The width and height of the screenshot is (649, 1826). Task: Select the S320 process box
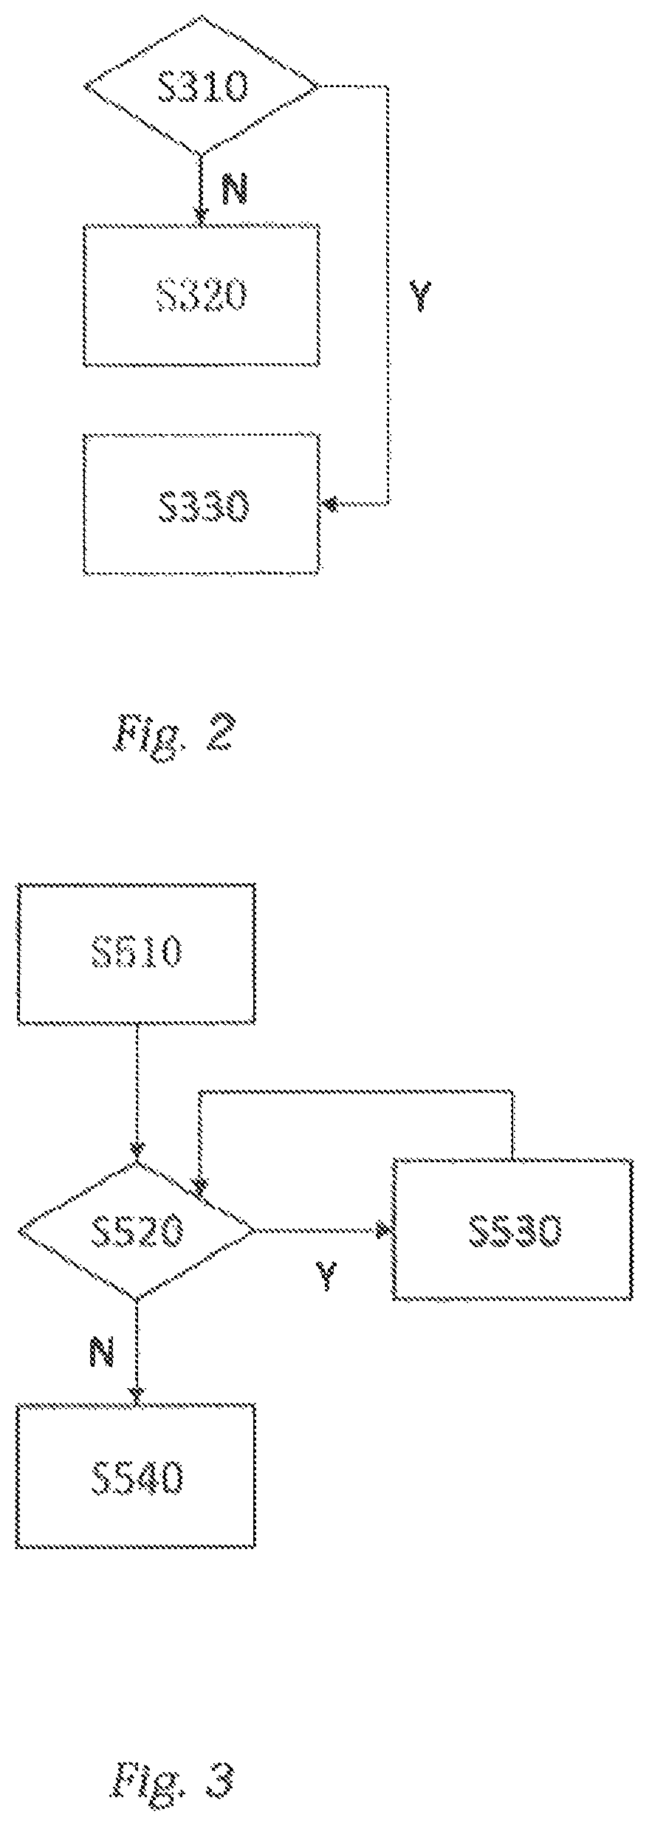(201, 295)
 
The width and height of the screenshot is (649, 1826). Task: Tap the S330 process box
(201, 505)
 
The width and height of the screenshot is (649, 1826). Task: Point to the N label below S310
(234, 189)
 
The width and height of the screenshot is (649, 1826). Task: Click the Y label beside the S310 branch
(420, 295)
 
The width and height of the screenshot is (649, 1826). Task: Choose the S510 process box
(137, 953)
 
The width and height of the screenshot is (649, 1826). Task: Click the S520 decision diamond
(137, 1231)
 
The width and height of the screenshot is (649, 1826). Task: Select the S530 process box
(512, 1230)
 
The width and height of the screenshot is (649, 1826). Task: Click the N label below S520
(102, 1351)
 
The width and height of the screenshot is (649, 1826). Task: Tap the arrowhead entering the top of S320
(200, 215)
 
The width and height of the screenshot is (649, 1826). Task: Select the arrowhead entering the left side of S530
(382, 1230)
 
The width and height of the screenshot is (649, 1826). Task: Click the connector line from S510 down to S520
(137, 1085)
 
